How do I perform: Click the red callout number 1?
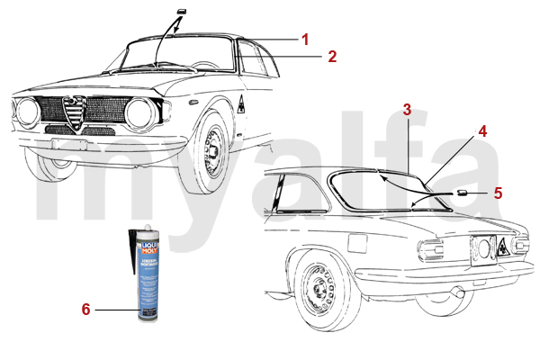pyautogui.click(x=306, y=40)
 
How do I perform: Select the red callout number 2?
pyautogui.click(x=332, y=57)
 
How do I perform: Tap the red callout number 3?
pyautogui.click(x=407, y=110)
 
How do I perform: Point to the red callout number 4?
pyautogui.click(x=482, y=130)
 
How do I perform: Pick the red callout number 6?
pyautogui.click(x=86, y=310)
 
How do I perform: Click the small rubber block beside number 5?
pyautogui.click(x=463, y=193)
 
